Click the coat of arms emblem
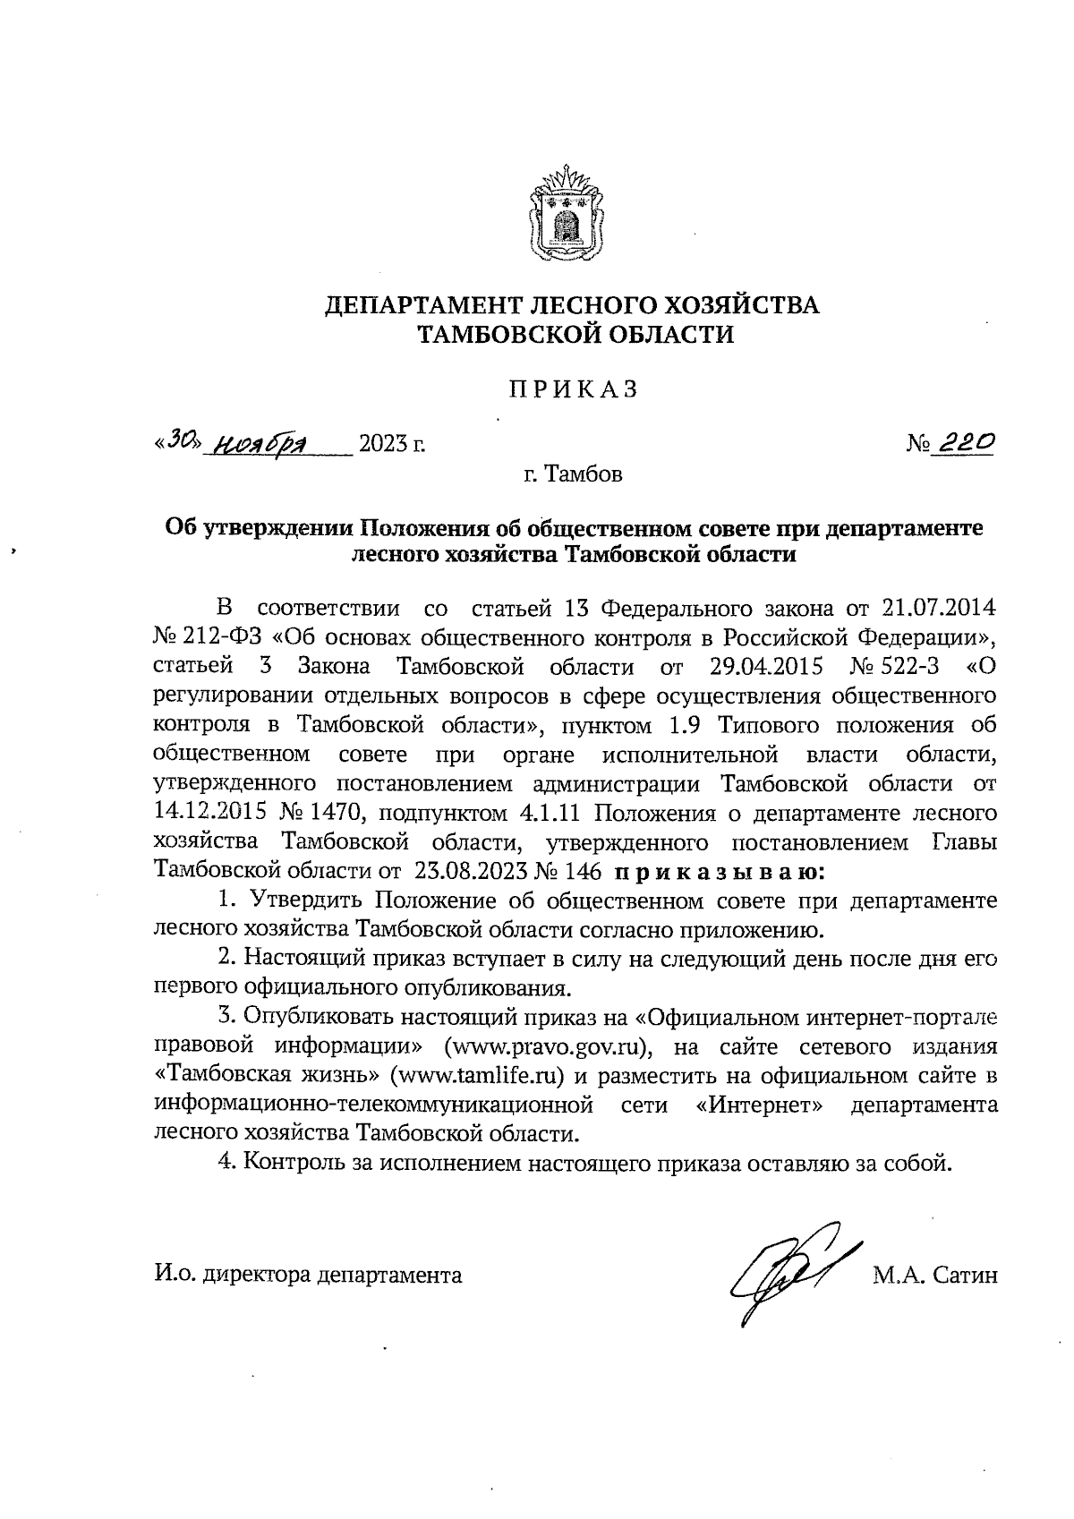click(565, 215)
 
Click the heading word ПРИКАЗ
click(573, 389)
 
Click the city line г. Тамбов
click(573, 474)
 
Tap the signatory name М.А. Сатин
click(934, 1274)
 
